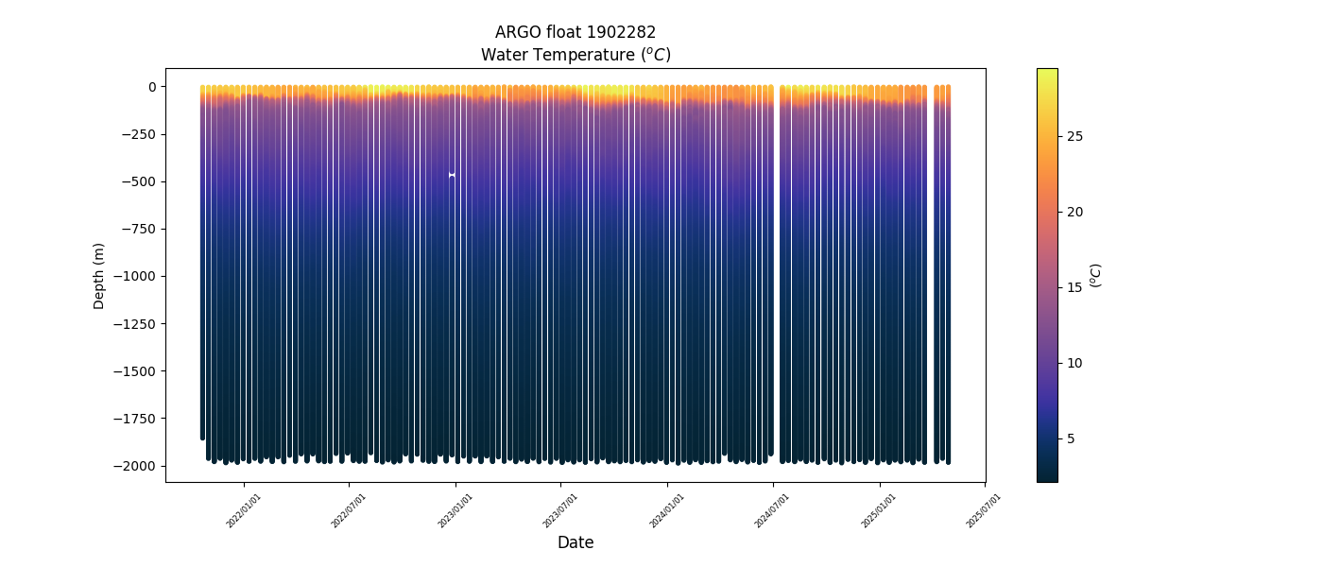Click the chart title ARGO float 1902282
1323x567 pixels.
[x=576, y=32]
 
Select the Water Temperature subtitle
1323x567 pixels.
[x=576, y=55]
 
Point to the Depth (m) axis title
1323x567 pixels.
[x=99, y=276]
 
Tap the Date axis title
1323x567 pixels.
[x=576, y=542]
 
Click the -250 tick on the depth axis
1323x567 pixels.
[x=140, y=134]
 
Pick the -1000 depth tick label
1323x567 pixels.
[x=137, y=276]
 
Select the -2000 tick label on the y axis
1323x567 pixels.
[x=137, y=466]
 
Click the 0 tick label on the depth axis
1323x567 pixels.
[x=151, y=87]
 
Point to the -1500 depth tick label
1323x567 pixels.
[x=137, y=371]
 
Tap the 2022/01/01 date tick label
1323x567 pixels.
[x=244, y=510]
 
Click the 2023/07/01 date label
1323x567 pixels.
[x=561, y=510]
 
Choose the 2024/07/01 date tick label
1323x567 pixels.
[x=773, y=510]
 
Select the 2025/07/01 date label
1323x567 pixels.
[x=984, y=510]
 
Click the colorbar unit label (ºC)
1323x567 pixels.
[x=1096, y=275]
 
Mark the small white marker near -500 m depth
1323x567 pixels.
[x=452, y=175]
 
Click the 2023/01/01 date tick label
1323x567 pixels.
[x=455, y=510]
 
